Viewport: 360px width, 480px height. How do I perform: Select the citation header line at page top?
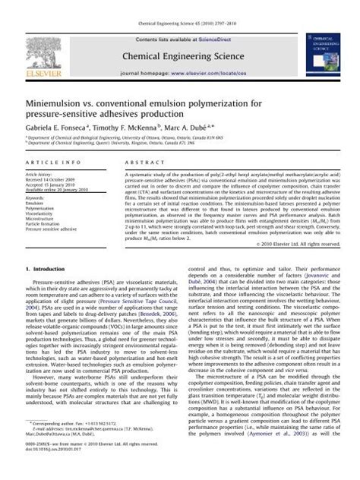coord(179,5)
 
